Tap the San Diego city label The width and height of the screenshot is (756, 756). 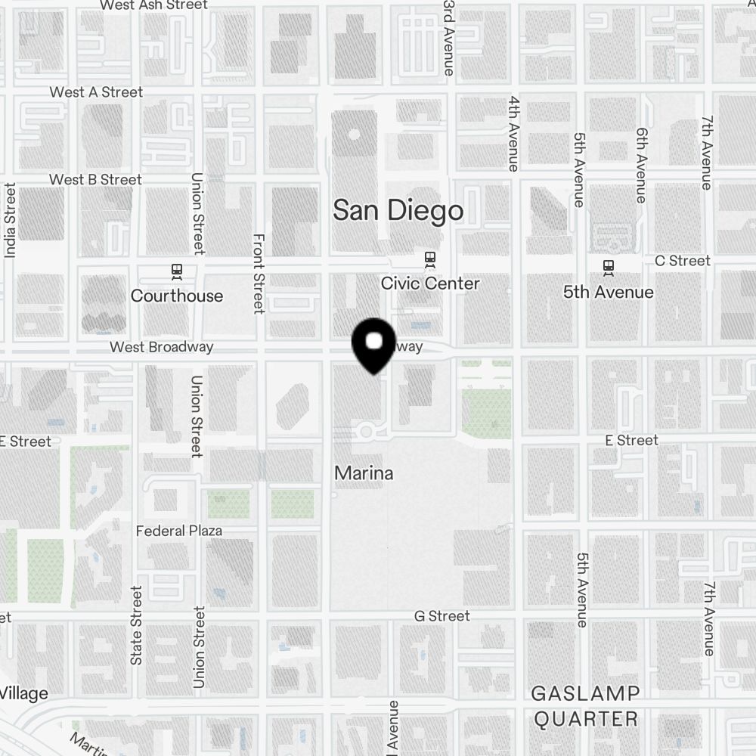398,210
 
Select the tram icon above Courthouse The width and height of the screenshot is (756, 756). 177,270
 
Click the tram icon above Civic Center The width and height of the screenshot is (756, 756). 430,259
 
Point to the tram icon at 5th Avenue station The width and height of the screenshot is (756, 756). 608,266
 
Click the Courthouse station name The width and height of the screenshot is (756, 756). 177,296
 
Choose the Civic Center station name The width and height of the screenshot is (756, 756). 430,283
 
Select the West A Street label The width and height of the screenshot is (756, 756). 96,92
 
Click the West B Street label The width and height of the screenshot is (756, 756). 95,180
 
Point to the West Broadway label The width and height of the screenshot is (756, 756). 161,347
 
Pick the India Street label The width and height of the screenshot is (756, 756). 11,220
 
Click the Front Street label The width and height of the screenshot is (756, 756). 259,273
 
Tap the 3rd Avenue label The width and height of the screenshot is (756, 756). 449,38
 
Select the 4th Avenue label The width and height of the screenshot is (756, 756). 513,133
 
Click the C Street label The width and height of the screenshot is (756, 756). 683,261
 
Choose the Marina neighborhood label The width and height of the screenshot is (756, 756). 364,473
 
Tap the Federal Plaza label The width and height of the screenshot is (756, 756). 179,531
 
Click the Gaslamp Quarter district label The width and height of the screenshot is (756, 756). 586,705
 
